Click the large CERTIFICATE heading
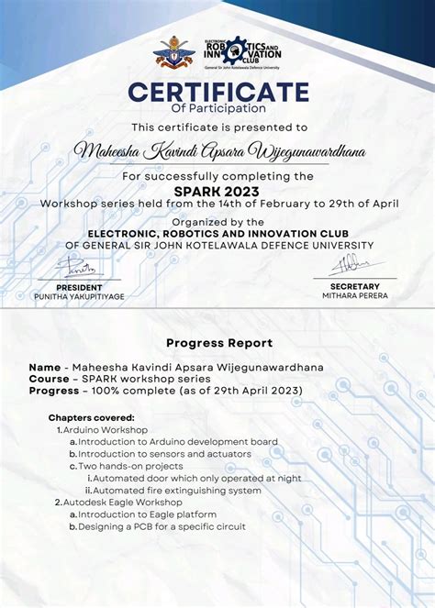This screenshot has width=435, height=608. [217, 93]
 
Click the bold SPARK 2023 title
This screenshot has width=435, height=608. [217, 191]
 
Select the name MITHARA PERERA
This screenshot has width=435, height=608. [354, 295]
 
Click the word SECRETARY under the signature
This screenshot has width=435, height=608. [354, 286]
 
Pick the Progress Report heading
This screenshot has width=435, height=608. [219, 343]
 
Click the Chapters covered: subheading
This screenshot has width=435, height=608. [94, 417]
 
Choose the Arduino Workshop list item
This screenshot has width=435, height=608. [106, 429]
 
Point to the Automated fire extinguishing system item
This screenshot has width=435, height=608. [177, 490]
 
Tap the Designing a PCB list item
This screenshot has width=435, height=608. [162, 526]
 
